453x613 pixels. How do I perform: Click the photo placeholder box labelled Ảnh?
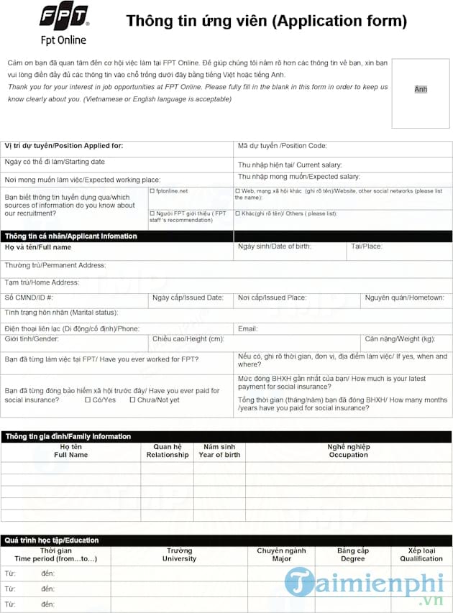click(x=421, y=89)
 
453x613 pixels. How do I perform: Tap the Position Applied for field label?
click(x=64, y=146)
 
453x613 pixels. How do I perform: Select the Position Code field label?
click(x=282, y=146)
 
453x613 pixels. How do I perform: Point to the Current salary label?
click(x=290, y=165)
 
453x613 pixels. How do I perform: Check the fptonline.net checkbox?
click(x=152, y=191)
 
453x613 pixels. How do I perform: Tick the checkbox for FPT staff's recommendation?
click(x=152, y=213)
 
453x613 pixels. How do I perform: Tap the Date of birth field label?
click(x=274, y=246)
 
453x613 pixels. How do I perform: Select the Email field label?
click(x=247, y=328)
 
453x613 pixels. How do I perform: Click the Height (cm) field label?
click(x=188, y=338)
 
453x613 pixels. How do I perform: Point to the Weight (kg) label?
click(x=399, y=338)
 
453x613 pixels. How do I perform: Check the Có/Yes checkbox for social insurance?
click(x=88, y=400)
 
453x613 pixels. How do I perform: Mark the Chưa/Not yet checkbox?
click(x=132, y=400)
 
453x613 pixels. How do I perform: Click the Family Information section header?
click(x=68, y=436)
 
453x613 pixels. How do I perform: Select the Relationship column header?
click(x=168, y=451)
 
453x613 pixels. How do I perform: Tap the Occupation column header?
click(x=348, y=451)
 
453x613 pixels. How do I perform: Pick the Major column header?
click(x=282, y=554)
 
